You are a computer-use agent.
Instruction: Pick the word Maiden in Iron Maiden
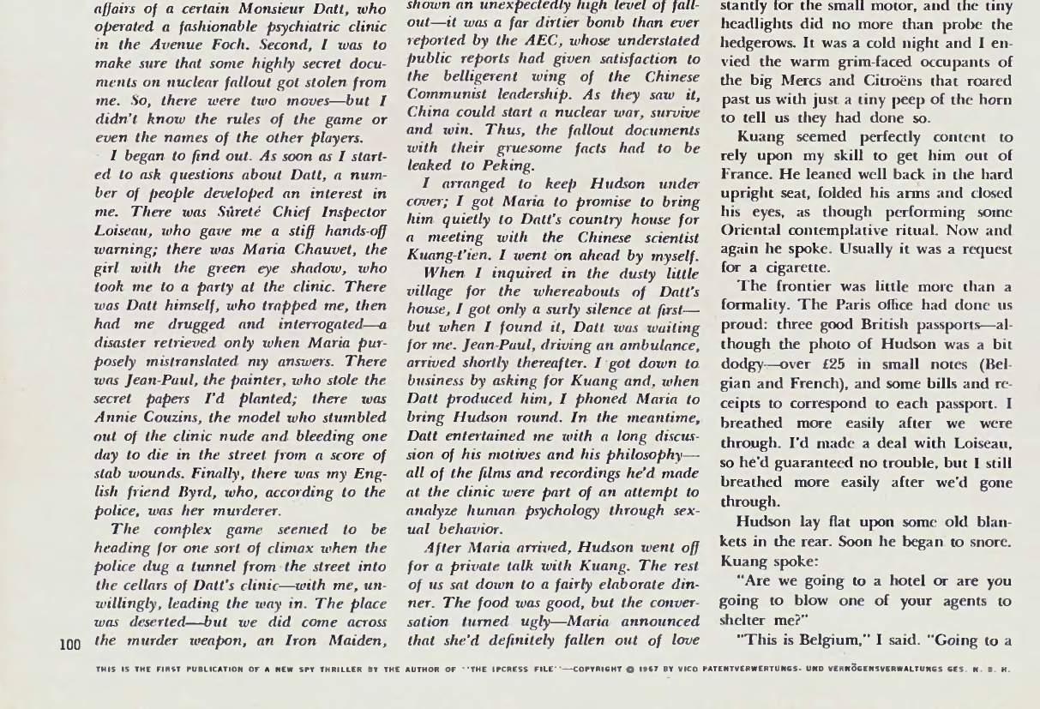coord(352,640)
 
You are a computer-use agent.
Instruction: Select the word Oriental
coord(754,231)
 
